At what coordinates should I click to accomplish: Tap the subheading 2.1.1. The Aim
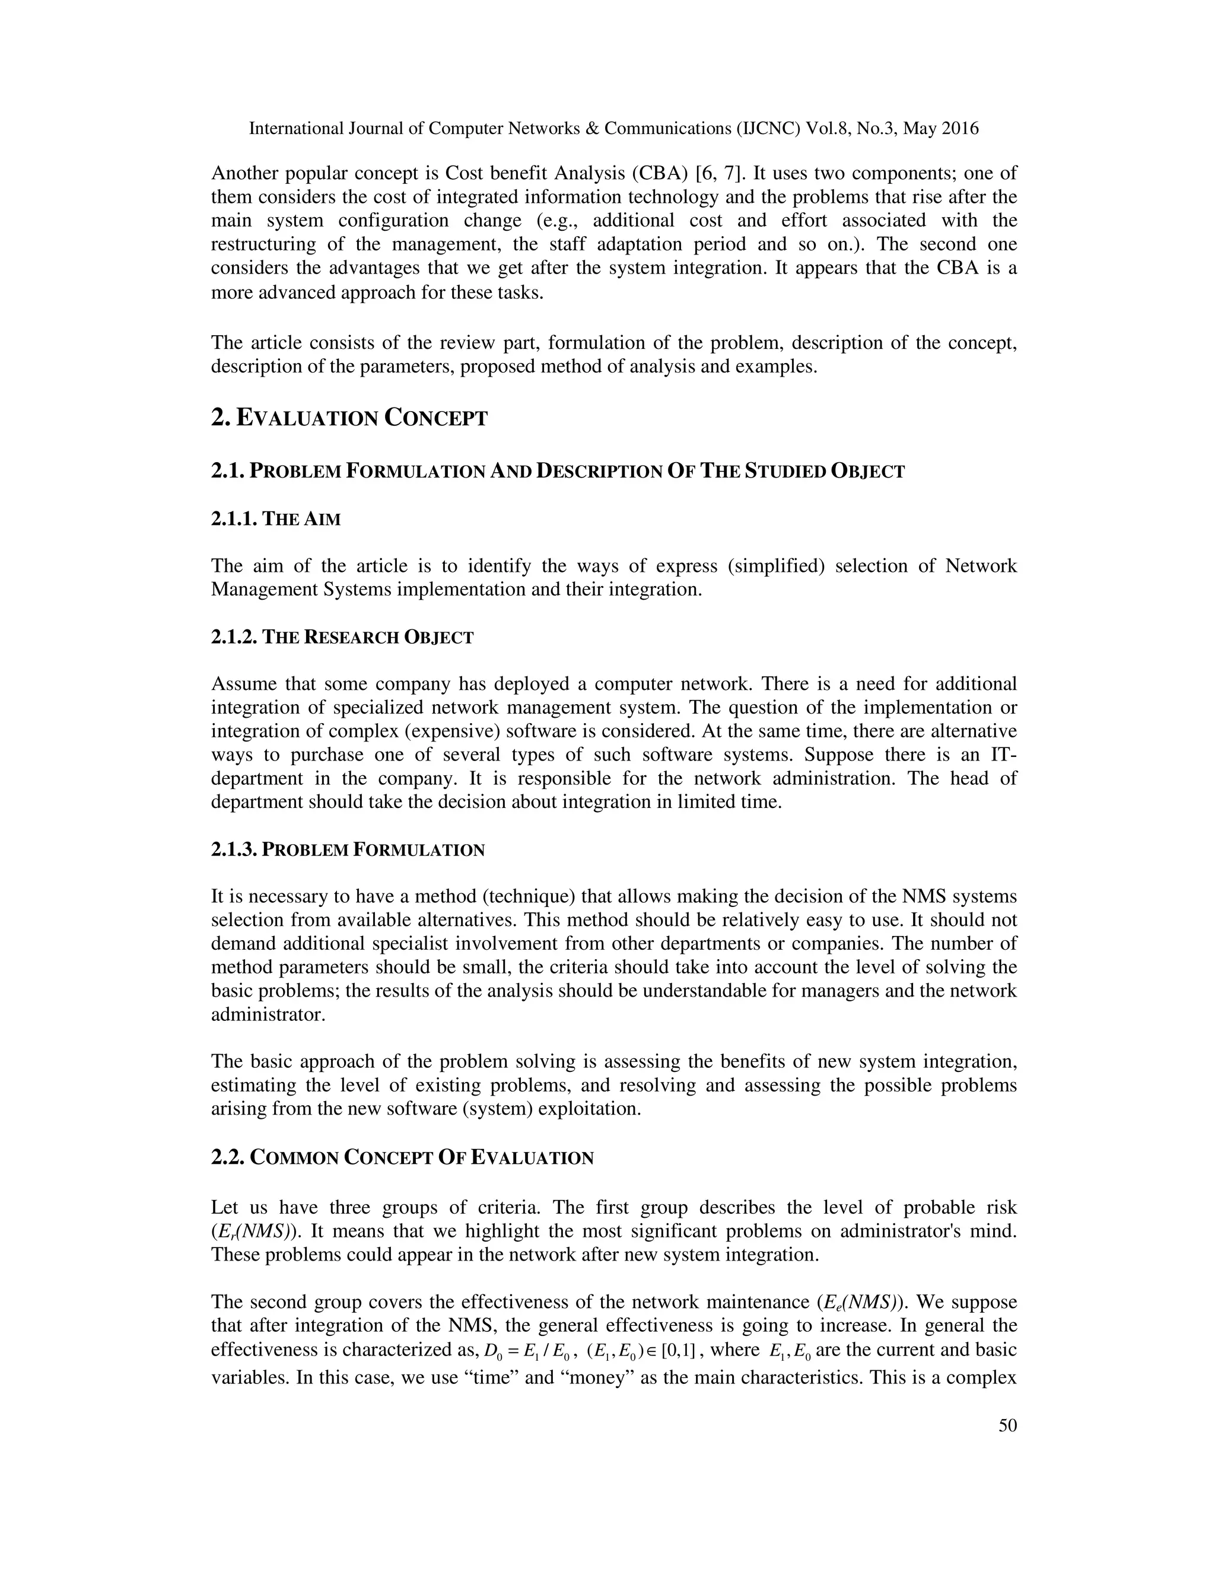click(276, 519)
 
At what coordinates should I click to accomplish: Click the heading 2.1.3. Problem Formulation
click(348, 850)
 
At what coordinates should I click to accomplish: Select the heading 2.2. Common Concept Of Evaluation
click(402, 1158)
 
